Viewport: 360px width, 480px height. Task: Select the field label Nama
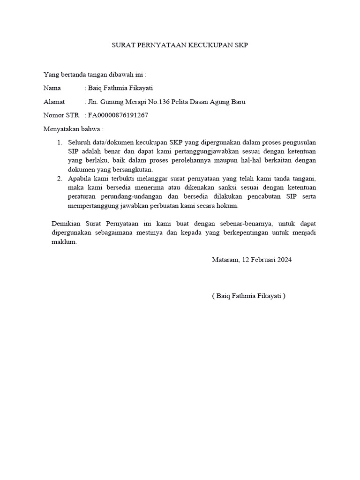point(52,88)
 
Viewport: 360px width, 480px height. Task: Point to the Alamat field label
point(54,101)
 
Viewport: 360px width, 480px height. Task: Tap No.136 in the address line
point(168,101)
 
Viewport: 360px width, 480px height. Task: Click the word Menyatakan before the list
point(61,128)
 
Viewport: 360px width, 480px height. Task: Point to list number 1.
point(60,142)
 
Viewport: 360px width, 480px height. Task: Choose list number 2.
point(60,179)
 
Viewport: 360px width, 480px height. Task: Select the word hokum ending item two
point(229,206)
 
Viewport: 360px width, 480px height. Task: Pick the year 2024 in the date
point(284,259)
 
